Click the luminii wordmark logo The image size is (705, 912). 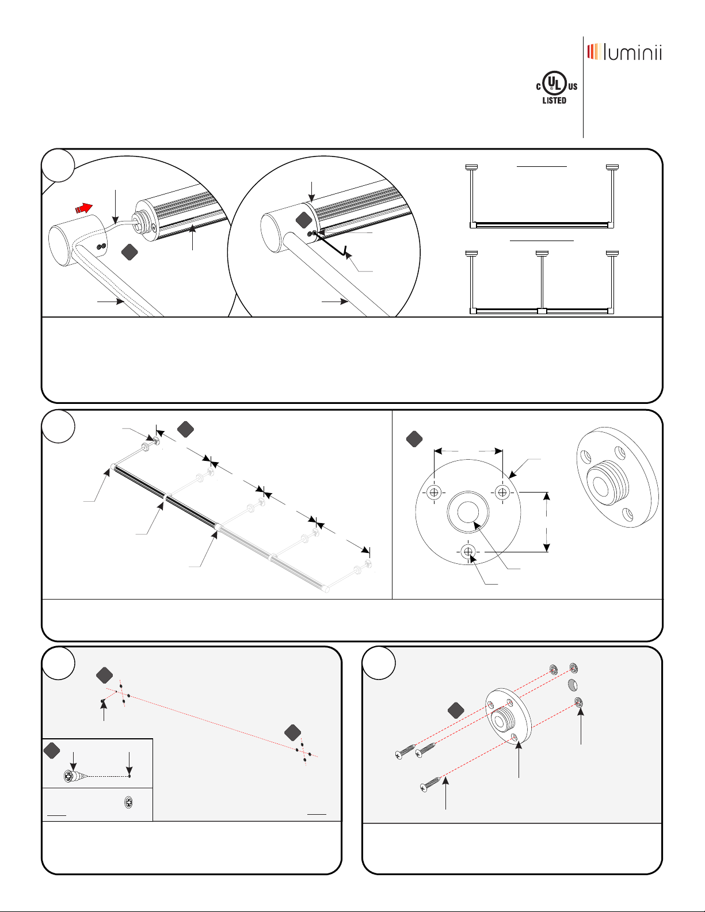(624, 52)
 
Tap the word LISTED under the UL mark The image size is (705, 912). (554, 101)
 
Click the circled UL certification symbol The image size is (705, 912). (554, 84)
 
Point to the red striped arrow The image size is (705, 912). (83, 207)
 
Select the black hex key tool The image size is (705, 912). (334, 245)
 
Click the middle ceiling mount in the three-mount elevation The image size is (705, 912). (542, 253)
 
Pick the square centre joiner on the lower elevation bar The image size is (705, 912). (541, 311)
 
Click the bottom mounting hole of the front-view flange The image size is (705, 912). (468, 552)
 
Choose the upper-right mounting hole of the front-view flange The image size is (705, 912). (502, 492)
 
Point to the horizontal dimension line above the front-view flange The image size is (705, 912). (468, 451)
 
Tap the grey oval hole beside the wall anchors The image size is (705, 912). (573, 685)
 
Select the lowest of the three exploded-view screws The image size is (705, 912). (431, 784)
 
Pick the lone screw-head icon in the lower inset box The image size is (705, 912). (128, 803)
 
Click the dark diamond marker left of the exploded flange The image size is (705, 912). (456, 711)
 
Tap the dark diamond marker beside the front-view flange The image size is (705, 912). (414, 440)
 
